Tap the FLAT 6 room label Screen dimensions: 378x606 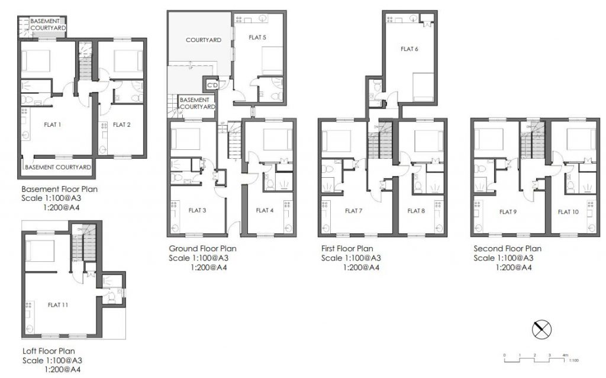click(x=409, y=49)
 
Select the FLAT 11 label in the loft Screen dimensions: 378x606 click(x=57, y=305)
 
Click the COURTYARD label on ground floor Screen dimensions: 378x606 click(x=203, y=40)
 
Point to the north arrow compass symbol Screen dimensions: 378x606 click(x=541, y=329)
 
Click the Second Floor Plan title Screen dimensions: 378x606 click(x=507, y=248)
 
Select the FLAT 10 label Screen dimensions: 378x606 click(x=568, y=211)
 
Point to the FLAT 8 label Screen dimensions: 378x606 click(x=417, y=211)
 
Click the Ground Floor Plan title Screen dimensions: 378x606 click(x=202, y=248)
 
